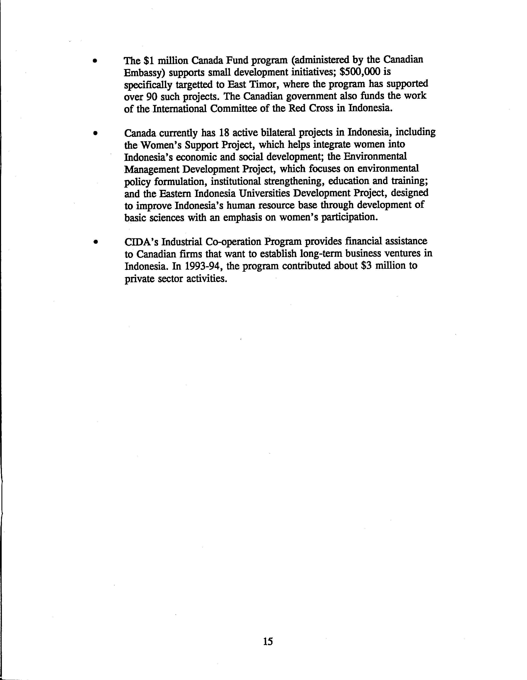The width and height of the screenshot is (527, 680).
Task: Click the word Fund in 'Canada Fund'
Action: point(230,60)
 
